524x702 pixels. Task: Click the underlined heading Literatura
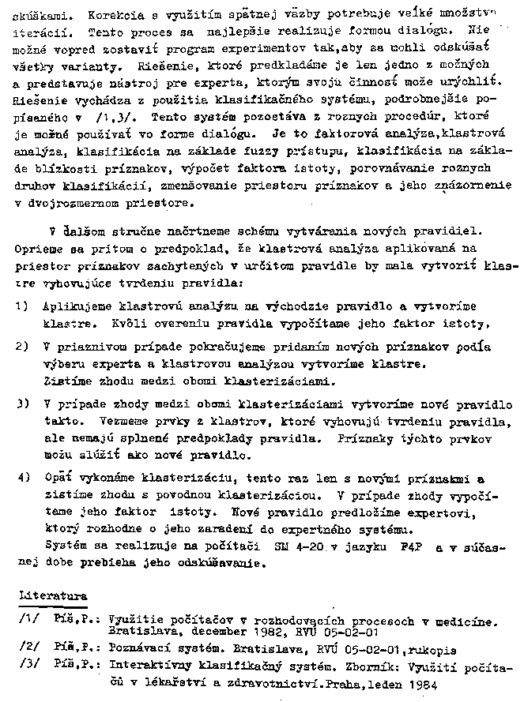54,596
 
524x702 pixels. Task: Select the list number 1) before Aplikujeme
22,305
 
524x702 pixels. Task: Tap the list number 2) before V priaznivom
22,347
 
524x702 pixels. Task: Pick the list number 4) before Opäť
22,479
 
